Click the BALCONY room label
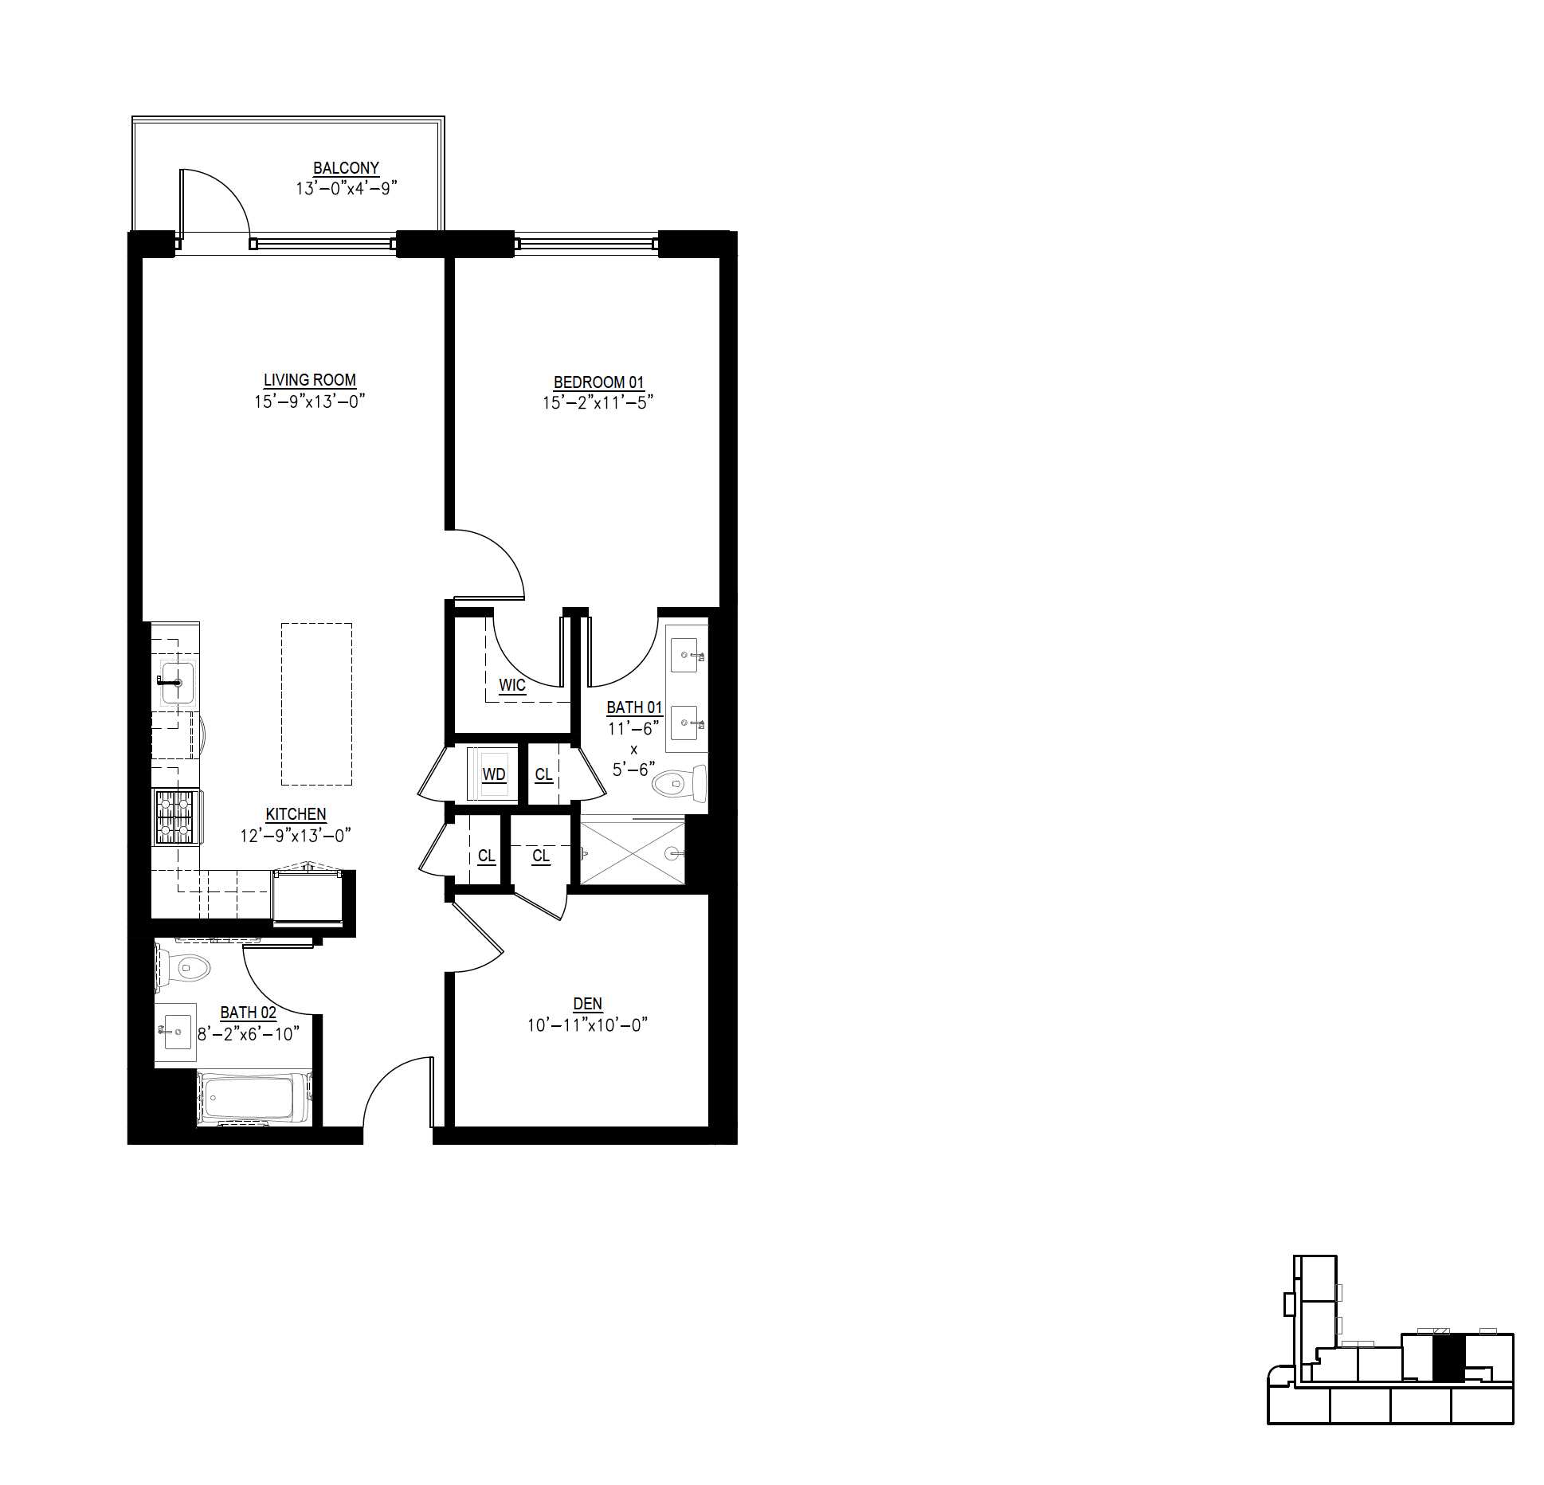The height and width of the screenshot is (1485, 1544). (346, 168)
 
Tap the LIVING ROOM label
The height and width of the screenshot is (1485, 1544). (310, 380)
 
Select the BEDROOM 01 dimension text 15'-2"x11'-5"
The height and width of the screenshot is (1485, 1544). (598, 402)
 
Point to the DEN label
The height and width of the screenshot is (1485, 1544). (587, 1004)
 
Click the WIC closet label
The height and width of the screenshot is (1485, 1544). (512, 685)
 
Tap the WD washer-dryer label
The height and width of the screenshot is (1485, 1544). (494, 774)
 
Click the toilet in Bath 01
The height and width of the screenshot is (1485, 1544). (680, 784)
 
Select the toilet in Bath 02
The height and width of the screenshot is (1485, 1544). (182, 968)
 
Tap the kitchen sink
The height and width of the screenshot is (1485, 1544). (177, 683)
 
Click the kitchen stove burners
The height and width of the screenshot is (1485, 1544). (176, 817)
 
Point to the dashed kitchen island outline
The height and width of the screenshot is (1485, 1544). (316, 703)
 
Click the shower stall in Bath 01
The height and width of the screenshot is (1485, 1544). (633, 852)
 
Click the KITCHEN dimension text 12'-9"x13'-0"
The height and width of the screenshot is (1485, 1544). (296, 836)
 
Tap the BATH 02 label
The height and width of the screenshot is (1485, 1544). (249, 1013)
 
